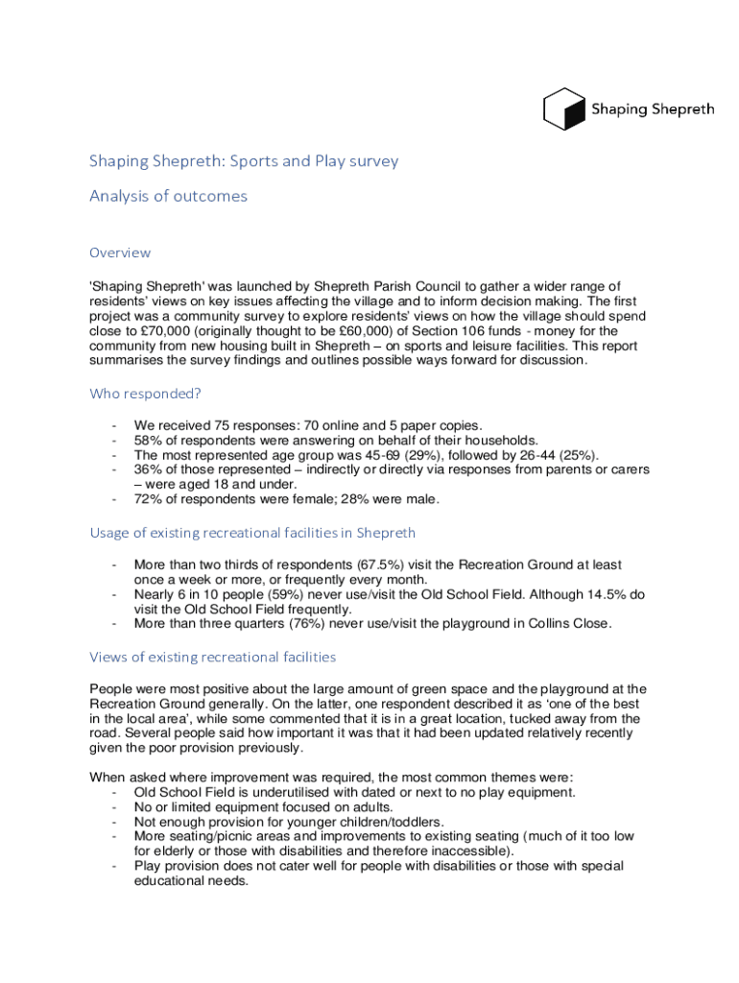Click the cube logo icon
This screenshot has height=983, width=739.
(564, 108)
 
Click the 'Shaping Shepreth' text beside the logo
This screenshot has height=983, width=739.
(653, 109)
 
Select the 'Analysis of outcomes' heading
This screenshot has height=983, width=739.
(168, 196)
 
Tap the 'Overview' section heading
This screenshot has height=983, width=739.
(120, 252)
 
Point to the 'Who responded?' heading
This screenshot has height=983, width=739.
(145, 394)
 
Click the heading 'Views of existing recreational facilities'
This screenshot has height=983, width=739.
(212, 657)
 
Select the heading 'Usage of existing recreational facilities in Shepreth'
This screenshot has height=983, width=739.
(252, 532)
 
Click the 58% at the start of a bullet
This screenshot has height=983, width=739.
(149, 440)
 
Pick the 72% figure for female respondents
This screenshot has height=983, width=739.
(149, 498)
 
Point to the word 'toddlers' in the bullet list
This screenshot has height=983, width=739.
(417, 822)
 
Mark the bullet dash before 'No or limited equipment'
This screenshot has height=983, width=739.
(115, 807)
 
